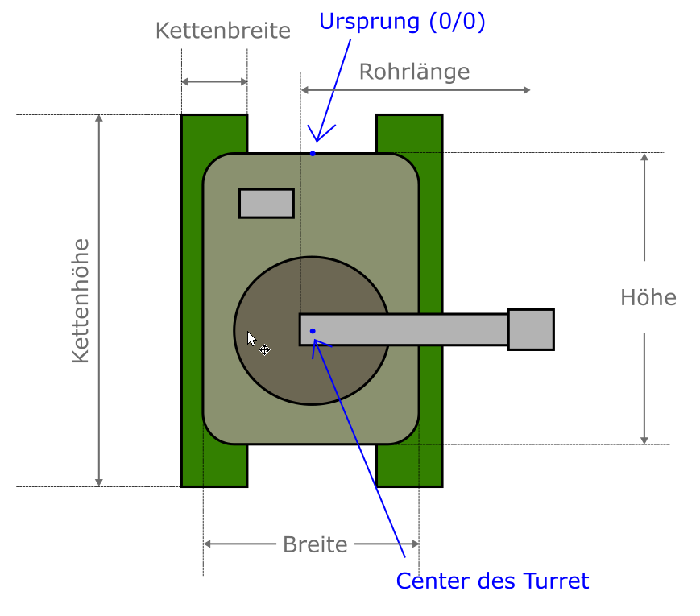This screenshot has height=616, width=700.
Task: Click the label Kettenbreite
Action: point(222,31)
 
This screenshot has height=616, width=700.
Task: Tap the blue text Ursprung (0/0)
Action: point(402,21)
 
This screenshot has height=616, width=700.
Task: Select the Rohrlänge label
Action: point(414,72)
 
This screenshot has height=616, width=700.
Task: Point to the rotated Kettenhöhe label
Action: point(80,300)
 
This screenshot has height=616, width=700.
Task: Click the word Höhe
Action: point(648,297)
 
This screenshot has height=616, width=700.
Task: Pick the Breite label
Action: point(315,544)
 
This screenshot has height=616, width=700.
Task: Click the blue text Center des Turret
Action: point(492,581)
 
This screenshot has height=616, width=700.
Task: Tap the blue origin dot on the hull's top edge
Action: point(313,153)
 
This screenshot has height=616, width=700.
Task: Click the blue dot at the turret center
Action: point(313,331)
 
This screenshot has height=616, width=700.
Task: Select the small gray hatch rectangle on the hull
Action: point(266,203)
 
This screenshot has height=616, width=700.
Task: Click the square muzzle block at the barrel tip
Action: point(531,329)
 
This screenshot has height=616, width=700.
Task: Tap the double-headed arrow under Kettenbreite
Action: point(214,81)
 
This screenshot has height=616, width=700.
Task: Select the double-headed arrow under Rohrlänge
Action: point(416,90)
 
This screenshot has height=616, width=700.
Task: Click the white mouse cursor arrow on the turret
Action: point(251,338)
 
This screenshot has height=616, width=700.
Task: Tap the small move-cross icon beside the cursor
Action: point(264,349)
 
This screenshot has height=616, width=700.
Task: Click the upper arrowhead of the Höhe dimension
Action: point(644,159)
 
